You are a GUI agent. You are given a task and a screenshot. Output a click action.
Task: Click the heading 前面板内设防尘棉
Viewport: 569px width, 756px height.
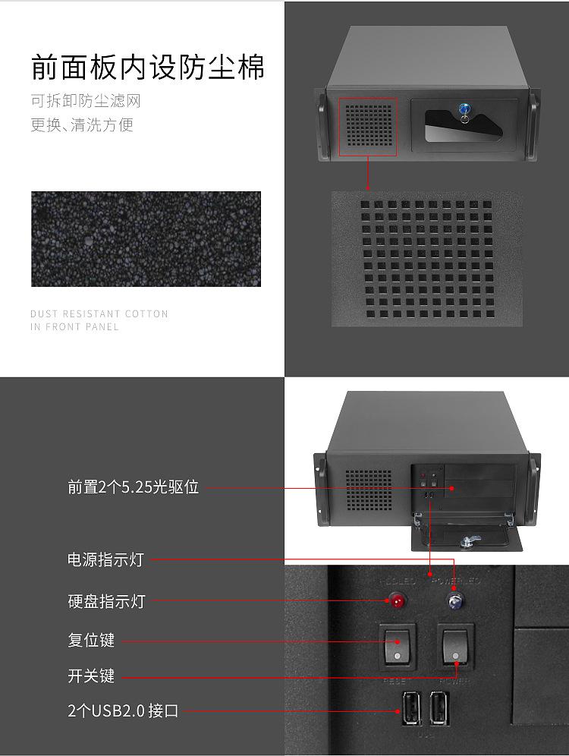pos(148,67)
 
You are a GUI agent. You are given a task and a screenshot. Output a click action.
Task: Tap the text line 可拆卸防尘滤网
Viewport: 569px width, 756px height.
pos(86,102)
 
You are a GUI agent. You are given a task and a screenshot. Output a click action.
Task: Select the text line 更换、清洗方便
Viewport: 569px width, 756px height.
pos(82,125)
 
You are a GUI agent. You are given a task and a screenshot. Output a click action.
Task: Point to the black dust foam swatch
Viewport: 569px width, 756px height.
pos(146,239)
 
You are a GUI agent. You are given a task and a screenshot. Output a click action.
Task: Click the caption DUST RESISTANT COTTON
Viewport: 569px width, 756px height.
pos(99,313)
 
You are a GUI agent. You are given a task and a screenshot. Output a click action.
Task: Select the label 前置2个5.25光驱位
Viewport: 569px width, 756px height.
pos(134,487)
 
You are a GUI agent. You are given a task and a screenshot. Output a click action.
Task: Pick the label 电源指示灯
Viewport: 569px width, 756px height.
pos(105,560)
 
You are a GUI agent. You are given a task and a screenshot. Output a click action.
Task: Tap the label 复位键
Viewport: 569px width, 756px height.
pos(91,640)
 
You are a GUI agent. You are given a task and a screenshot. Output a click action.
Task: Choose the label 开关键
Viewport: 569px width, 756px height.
pos(91,676)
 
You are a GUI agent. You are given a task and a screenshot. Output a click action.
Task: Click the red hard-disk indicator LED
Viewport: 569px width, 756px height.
pos(397,603)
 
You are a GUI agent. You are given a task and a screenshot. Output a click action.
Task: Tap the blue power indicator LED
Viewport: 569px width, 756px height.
pos(455,603)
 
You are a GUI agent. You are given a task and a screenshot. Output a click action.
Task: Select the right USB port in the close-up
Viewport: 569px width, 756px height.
pos(439,710)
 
